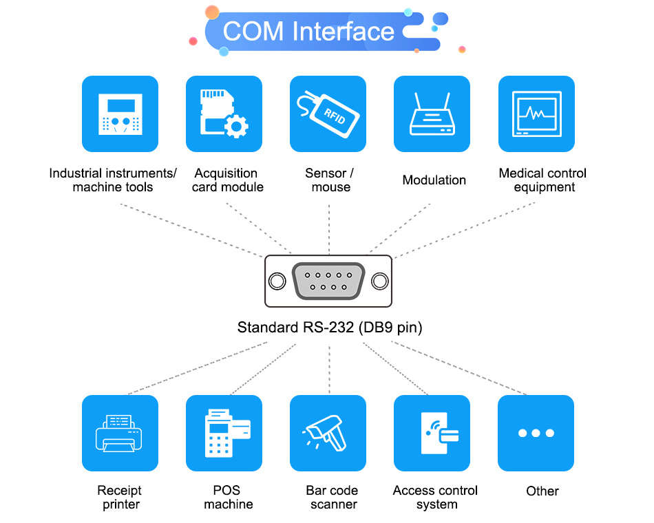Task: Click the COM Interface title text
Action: pos(308,32)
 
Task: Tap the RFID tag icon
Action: pos(328,114)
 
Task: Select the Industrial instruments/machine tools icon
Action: pos(120,114)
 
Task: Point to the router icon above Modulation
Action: pos(432,114)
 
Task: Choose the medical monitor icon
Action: pos(536,114)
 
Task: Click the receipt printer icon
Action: pos(120,433)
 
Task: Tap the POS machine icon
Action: pos(224,433)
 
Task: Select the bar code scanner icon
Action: pos(328,433)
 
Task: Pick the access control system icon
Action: pos(432,433)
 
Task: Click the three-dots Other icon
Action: pos(536,433)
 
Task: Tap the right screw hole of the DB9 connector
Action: pos(379,281)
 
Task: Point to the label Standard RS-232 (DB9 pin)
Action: pos(330,328)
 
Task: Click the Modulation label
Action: pos(434,180)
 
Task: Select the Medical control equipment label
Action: pos(543,180)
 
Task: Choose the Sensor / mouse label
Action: pos(330,180)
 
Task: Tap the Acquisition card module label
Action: pos(227,180)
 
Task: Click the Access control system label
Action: pos(435,498)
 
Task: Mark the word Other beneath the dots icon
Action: pos(542,491)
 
